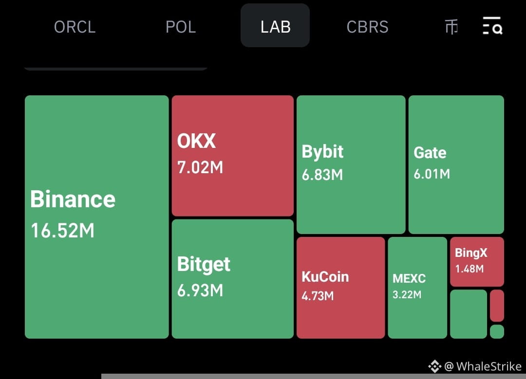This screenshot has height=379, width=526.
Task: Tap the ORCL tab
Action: coord(75,27)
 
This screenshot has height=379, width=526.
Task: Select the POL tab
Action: coord(181,27)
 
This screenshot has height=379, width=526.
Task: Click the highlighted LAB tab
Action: coord(275,25)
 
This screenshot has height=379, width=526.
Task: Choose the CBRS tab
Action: coord(367,27)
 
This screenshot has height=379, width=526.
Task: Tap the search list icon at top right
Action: coord(492,25)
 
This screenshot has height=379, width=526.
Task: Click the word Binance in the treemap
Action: coord(73,199)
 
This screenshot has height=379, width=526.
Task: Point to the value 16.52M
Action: coord(63,231)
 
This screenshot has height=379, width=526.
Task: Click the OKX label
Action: coord(197,141)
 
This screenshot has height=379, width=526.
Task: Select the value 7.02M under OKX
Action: coord(200,167)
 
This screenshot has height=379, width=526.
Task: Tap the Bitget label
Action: coord(204,264)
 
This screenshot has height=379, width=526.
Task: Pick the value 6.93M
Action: coord(200,290)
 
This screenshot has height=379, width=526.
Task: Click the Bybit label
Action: coord(322,152)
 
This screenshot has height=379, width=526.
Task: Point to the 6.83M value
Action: coord(322,175)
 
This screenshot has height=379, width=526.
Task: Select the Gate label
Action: coord(430,153)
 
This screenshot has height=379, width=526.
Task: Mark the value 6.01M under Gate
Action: coord(432,174)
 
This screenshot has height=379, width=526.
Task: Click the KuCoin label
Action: coord(325,277)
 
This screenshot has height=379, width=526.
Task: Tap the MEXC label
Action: coord(409,278)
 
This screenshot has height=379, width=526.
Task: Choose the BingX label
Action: coord(471,253)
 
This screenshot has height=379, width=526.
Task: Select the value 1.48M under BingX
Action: coord(470,269)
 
